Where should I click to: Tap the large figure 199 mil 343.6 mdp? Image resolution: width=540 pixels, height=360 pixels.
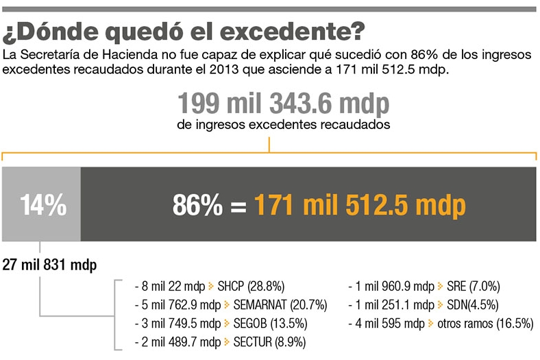(x=283, y=104)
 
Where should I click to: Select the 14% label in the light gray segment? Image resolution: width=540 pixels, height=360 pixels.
(x=42, y=204)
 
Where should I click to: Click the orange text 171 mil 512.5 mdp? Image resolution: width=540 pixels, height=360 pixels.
(x=360, y=205)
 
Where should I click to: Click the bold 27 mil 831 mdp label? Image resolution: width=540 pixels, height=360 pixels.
(x=50, y=265)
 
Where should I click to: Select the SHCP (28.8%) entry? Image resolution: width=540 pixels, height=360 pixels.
(x=251, y=286)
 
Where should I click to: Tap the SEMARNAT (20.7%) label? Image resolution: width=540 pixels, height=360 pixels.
(x=280, y=304)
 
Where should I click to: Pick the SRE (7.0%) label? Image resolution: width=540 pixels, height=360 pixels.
(x=473, y=286)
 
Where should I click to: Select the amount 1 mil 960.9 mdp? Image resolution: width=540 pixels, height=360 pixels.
(x=394, y=286)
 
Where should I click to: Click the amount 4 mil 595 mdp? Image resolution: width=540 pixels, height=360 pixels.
(x=389, y=323)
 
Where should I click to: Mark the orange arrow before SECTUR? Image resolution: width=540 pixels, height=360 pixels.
(x=226, y=341)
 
